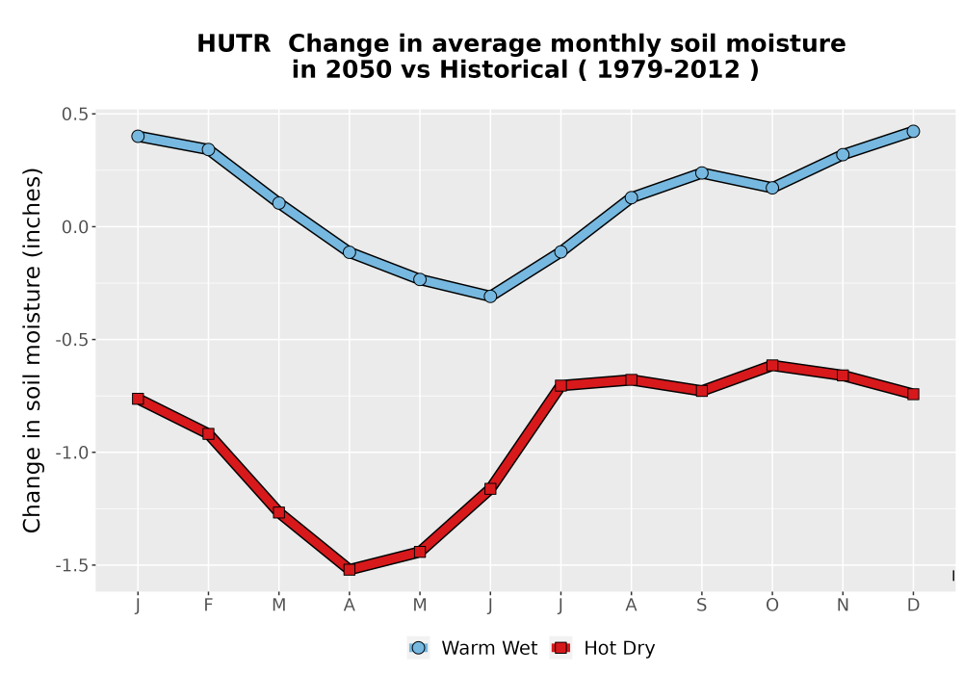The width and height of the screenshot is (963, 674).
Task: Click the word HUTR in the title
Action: coord(233,43)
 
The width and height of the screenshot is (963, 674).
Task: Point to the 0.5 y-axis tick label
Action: coord(75,115)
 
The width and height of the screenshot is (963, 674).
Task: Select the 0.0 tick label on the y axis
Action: coord(75,227)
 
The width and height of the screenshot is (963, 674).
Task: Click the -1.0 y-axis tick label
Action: coord(72,453)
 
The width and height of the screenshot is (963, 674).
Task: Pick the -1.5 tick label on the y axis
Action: coord(72,565)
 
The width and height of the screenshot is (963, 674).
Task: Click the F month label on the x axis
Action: coord(208,606)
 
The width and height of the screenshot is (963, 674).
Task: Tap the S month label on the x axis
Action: coord(701,606)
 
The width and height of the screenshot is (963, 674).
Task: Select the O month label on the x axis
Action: coord(772,606)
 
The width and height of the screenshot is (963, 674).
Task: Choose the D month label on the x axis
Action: coord(913,606)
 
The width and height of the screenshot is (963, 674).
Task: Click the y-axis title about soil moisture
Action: coord(32,350)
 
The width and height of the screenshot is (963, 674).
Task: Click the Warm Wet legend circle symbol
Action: coord(418,648)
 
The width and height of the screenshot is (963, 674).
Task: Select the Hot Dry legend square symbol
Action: coord(560,648)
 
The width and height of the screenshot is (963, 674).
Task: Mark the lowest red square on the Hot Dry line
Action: coord(350,570)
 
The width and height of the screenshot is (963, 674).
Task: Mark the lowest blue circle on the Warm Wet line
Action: coord(490,297)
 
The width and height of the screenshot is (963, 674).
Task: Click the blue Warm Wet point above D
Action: coord(913,131)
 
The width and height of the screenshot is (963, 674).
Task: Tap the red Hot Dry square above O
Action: coord(772,365)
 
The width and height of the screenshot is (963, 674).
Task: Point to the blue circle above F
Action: coord(208,149)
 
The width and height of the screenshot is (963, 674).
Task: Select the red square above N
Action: coord(843,376)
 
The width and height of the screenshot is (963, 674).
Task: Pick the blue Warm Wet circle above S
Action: coord(701,173)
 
